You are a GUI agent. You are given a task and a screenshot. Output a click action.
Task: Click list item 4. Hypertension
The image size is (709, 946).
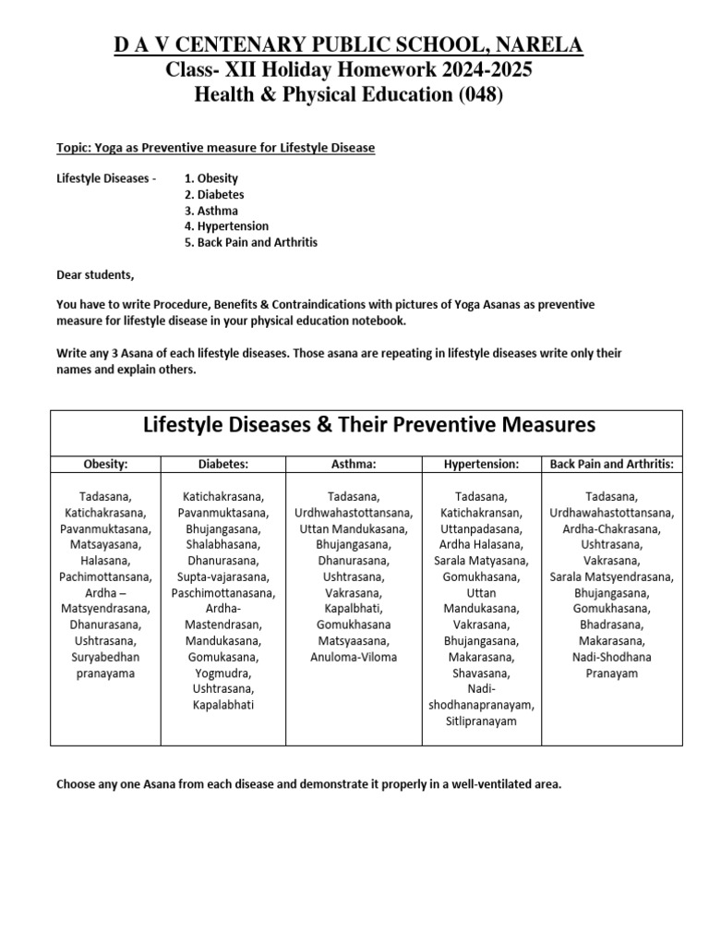point(227,226)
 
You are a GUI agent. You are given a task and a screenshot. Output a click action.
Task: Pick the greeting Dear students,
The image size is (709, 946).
point(95,275)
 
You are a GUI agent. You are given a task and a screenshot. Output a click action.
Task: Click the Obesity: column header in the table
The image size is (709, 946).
point(105,464)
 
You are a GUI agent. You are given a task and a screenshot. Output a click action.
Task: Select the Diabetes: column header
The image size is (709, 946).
point(223,464)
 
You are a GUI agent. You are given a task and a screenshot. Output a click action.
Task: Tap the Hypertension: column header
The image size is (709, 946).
point(480,464)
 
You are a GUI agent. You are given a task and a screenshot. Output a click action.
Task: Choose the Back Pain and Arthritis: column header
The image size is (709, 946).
point(612,464)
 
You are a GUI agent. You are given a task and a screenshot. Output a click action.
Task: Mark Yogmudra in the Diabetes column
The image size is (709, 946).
point(223,673)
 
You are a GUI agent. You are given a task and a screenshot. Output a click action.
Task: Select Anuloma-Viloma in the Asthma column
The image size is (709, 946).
point(354,658)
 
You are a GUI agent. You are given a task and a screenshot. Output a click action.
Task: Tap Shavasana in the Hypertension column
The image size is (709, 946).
point(480,673)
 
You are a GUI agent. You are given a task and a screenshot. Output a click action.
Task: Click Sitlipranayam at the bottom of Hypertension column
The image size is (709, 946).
point(480,722)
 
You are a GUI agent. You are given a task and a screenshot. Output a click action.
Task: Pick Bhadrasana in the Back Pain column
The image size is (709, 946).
point(612,625)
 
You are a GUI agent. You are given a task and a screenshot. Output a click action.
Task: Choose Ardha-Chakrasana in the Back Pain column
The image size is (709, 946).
point(612,528)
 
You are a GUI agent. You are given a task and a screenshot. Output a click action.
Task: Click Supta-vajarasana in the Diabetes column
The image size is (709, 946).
point(223,576)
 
